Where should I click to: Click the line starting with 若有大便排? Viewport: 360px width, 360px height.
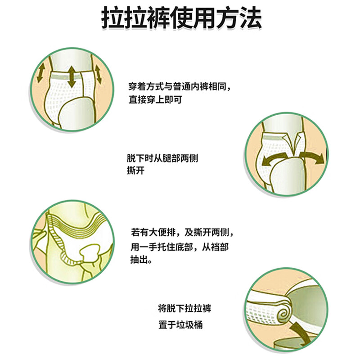click(182, 233)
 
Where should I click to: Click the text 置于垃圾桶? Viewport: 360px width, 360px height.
click(180, 325)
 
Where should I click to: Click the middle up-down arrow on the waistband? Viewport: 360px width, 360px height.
click(72, 77)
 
